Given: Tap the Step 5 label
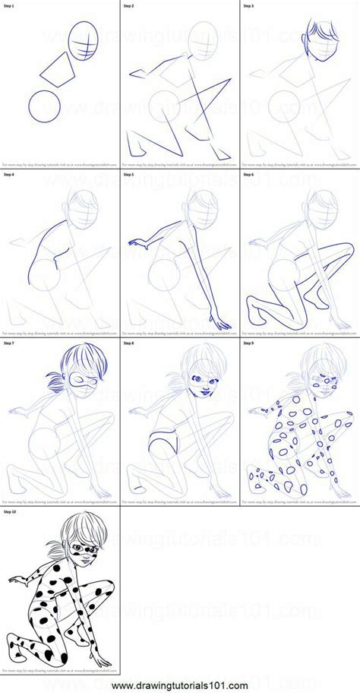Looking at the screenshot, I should tap(128, 174).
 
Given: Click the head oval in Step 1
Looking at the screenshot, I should tap(84, 38).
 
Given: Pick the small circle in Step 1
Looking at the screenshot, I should tap(44, 106).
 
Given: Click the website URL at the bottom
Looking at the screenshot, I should tap(180, 688).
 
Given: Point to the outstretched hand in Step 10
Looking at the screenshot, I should tap(15, 580).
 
